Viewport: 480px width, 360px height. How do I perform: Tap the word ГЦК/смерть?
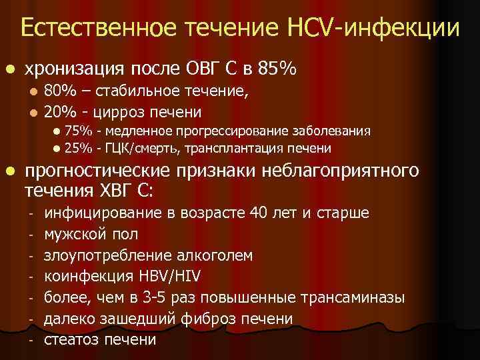(141, 147)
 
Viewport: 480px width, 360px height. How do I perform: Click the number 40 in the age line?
(256, 213)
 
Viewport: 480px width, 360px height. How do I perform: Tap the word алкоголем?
(219, 256)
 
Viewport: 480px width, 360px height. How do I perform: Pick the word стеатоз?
(72, 340)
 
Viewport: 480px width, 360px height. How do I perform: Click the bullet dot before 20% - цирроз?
(34, 111)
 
